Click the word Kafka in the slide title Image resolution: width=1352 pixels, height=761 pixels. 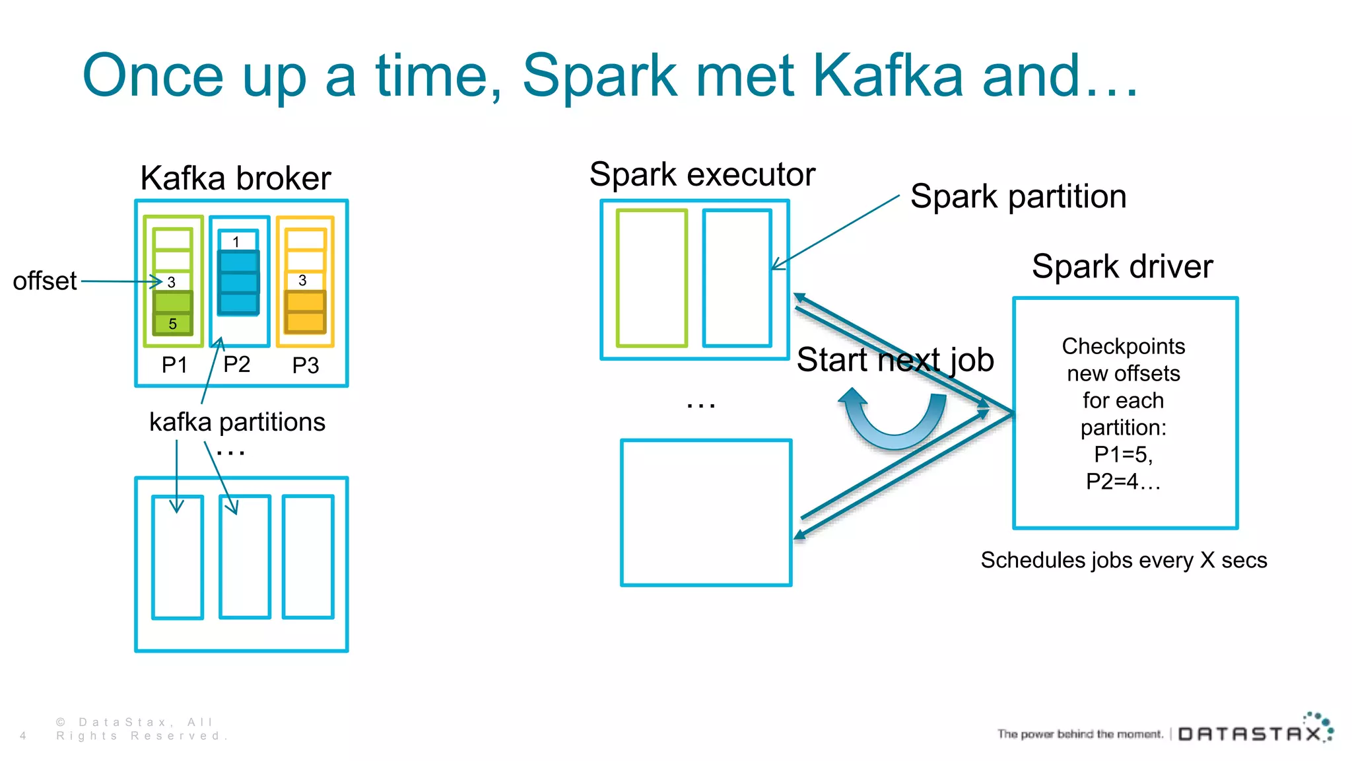(888, 76)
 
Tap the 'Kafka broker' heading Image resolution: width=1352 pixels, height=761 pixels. (236, 178)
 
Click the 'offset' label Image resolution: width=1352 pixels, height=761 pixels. (45, 281)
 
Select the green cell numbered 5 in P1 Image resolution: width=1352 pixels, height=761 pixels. (173, 324)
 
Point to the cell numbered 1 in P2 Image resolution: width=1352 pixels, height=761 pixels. (236, 242)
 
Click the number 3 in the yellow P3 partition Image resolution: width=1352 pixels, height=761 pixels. (303, 281)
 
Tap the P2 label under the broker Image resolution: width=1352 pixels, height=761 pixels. (236, 365)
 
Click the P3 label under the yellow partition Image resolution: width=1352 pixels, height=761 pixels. (306, 365)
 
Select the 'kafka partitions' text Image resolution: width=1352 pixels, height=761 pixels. (237, 422)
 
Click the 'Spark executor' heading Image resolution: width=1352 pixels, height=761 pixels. (702, 175)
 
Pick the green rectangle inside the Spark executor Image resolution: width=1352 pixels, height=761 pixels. (652, 278)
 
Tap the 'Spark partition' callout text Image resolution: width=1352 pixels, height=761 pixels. (1018, 197)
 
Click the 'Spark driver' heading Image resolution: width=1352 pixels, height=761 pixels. (1122, 267)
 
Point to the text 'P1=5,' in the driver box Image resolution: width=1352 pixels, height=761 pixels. (1123, 454)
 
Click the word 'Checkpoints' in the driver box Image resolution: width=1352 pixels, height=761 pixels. (1123, 346)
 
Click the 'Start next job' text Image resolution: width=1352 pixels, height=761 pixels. (895, 361)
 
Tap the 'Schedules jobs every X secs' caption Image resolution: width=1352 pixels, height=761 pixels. (1123, 560)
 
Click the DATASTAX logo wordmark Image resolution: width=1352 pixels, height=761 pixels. (1249, 734)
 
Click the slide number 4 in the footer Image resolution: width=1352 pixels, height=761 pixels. (23, 736)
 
